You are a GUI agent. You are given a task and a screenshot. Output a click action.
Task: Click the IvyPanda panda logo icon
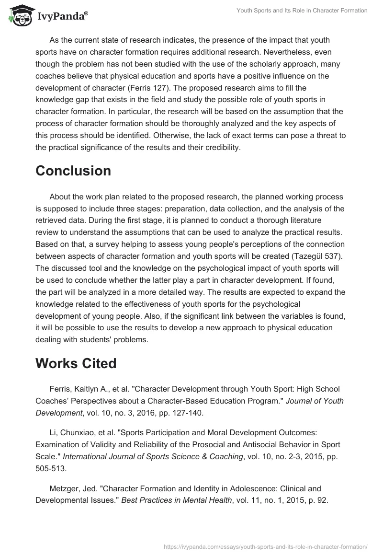point(18,15)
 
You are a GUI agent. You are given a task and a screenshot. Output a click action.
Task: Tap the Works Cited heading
point(76,363)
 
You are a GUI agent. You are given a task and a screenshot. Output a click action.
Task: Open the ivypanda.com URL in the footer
point(265,546)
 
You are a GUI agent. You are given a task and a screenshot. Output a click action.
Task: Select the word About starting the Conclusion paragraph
point(60,197)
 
